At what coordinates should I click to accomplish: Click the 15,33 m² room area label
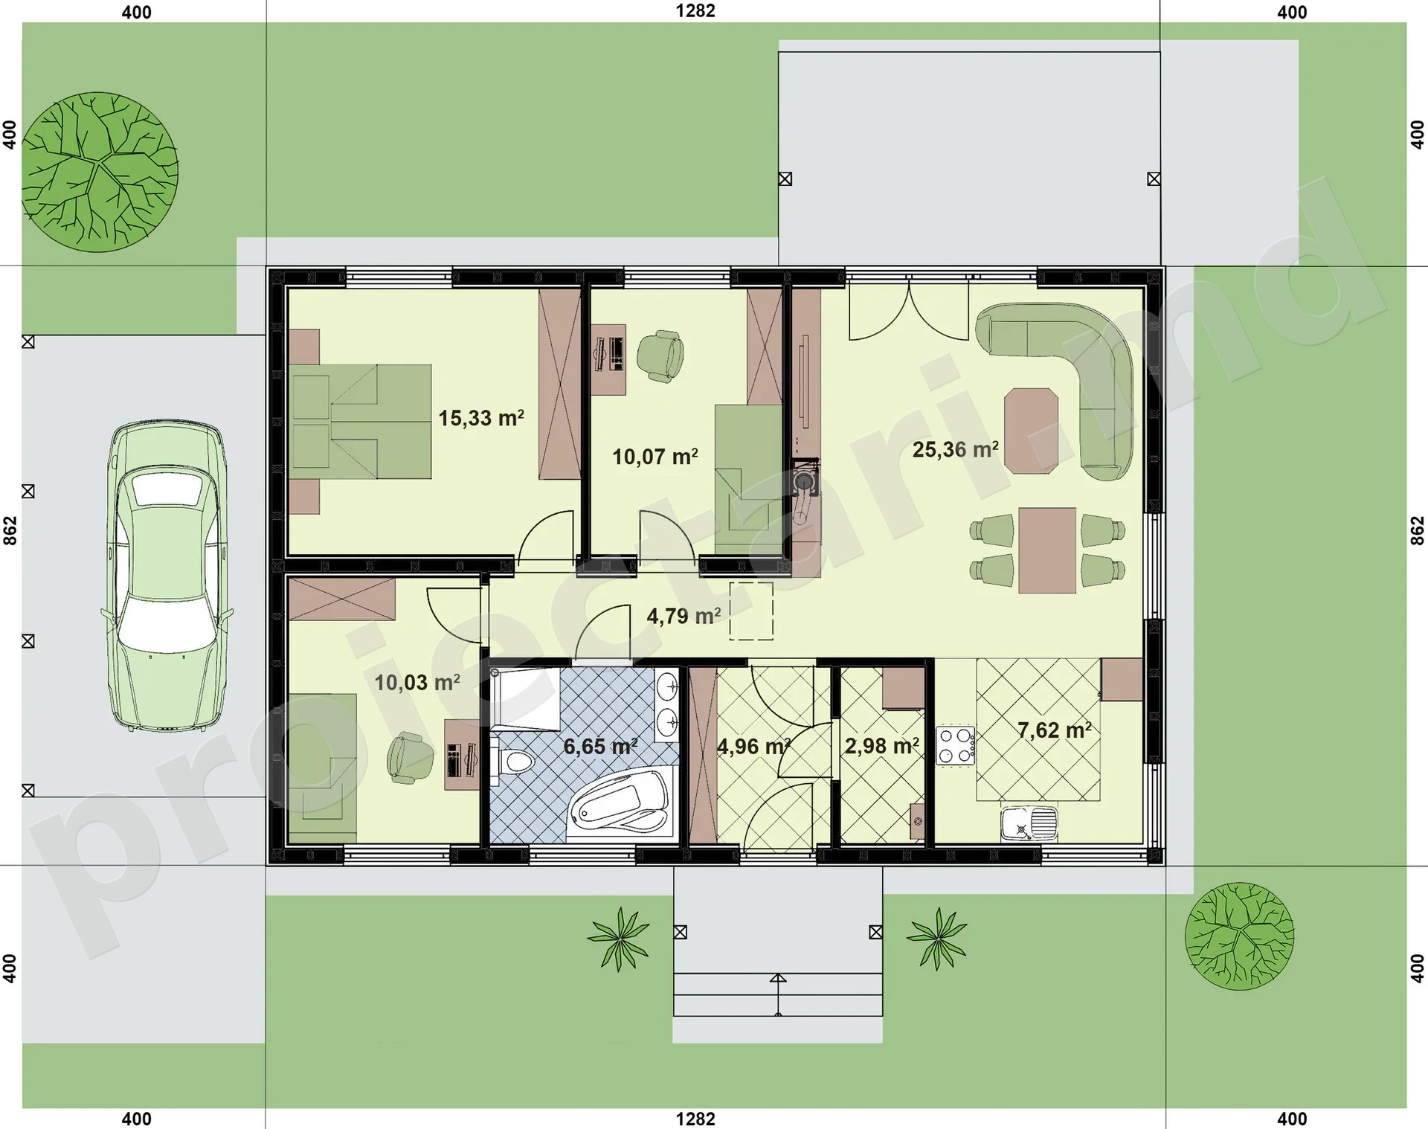pos(481,417)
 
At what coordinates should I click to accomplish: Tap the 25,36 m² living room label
pos(955,449)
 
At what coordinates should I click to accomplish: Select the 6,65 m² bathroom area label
pos(599,745)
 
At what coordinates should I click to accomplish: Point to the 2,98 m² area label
pos(881,745)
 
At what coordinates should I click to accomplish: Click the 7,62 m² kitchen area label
pos(1054,730)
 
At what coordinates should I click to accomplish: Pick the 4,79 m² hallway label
pos(684,616)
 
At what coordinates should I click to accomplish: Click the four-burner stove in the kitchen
pos(955,746)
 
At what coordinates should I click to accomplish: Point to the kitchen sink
pos(1029,823)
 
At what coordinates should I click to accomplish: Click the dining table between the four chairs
pos(1047,550)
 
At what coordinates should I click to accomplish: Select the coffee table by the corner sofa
pos(1031,431)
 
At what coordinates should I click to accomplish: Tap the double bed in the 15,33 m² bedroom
pos(361,421)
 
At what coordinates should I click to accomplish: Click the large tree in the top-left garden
pos(100,172)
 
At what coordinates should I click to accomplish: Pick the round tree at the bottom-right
pos(1239,936)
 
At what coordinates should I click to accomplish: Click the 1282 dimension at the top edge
pos(695,10)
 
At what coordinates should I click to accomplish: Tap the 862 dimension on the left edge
pos(10,530)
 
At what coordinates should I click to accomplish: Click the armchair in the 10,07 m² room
pos(660,356)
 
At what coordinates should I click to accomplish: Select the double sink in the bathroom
pos(667,704)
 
